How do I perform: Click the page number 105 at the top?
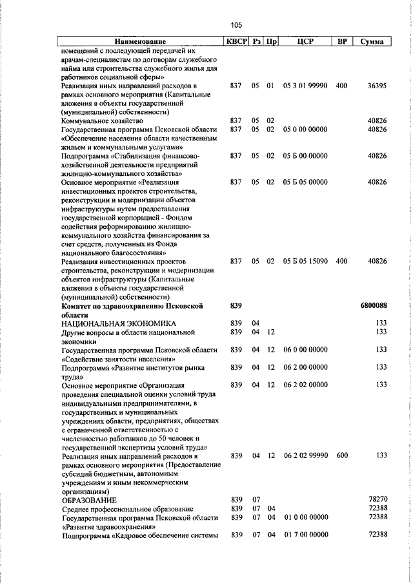(x=236, y=25)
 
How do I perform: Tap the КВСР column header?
(x=236, y=42)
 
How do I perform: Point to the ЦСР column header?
(x=305, y=42)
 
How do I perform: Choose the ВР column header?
(x=343, y=42)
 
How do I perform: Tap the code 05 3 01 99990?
(x=305, y=85)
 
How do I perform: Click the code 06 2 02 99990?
(x=305, y=455)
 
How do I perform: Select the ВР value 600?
(x=341, y=455)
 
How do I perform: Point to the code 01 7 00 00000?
(x=305, y=535)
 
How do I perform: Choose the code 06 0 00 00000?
(x=305, y=350)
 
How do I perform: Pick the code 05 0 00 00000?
(x=305, y=129)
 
